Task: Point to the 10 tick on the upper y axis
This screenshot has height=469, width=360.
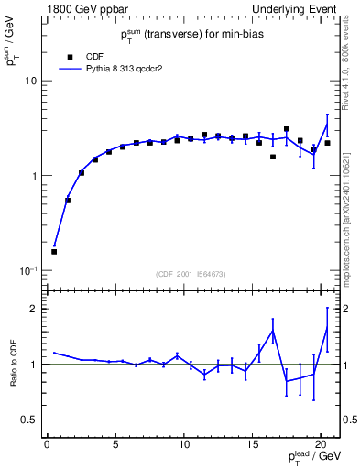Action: coord(29,81)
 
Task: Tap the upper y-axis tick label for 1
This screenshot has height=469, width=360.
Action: coord(32,176)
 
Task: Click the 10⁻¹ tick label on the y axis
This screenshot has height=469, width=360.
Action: coord(27,270)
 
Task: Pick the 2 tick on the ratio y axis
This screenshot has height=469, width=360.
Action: coord(33,309)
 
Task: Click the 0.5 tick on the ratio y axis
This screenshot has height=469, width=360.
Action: coord(27,420)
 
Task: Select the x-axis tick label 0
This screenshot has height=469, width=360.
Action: coord(47,446)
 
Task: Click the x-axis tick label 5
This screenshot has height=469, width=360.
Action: coord(115,446)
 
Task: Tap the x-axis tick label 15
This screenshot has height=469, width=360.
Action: coord(252,446)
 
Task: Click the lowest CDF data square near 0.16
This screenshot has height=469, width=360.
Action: coord(54,251)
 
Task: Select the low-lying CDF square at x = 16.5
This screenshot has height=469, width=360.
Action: coord(273,157)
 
